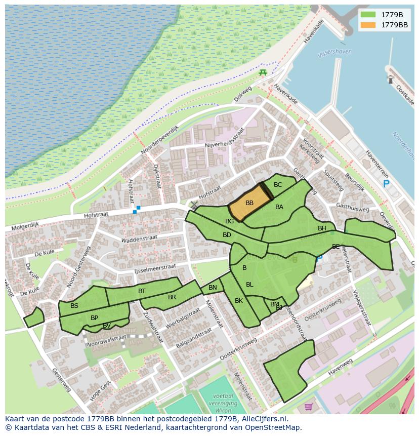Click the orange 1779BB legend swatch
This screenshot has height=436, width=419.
[x=368, y=25]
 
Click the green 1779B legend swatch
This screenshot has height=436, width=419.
[x=368, y=15]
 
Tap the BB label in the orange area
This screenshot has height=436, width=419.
[x=249, y=203]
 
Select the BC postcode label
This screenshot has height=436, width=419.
[x=278, y=185]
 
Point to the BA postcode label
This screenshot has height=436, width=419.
[x=279, y=207]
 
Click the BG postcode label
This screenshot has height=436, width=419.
[x=229, y=221]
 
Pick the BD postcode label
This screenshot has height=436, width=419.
[x=227, y=235]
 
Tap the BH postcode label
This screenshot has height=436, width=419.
[x=322, y=228]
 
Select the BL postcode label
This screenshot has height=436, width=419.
[x=249, y=285]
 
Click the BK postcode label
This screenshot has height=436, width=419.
[x=239, y=301]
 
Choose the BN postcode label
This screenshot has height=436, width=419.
[x=213, y=288]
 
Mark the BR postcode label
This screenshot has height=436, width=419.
[x=172, y=297]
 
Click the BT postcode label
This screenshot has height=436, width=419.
[x=142, y=291]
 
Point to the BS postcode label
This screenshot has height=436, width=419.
[x=74, y=306]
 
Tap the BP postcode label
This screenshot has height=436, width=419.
[x=94, y=318]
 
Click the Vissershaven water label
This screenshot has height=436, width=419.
[x=334, y=53]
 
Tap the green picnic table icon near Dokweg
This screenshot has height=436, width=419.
[x=263, y=73]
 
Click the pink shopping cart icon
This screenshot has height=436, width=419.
[x=309, y=406]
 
